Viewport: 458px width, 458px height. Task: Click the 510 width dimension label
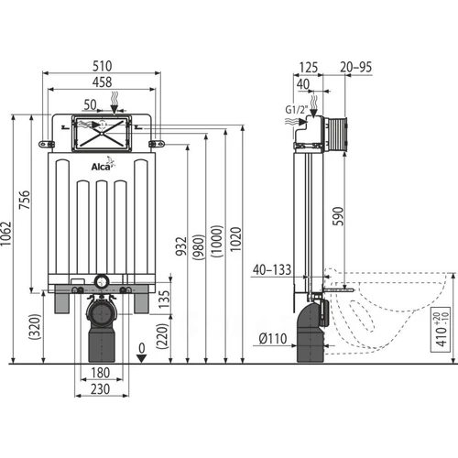click(x=103, y=66)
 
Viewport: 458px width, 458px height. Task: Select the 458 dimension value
click(x=103, y=82)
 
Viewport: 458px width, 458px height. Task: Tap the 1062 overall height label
click(x=6, y=234)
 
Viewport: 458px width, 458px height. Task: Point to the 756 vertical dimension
click(x=25, y=200)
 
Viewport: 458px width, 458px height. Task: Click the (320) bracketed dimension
click(x=35, y=327)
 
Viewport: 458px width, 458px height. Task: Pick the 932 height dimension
click(x=181, y=246)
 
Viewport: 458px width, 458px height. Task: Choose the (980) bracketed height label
click(x=199, y=247)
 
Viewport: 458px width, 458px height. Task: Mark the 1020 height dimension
click(x=235, y=239)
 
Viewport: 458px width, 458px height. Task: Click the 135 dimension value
click(x=164, y=300)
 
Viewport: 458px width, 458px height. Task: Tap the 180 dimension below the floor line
click(x=101, y=373)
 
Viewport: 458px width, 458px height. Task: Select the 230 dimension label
click(x=101, y=389)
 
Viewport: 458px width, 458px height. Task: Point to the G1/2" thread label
click(x=297, y=110)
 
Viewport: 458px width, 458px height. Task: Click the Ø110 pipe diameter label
click(x=273, y=339)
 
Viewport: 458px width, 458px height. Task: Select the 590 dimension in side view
click(x=338, y=216)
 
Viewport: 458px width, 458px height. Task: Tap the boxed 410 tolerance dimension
click(x=441, y=330)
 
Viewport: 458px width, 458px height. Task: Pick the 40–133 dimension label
click(x=272, y=270)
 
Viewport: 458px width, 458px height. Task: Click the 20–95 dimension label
click(x=356, y=67)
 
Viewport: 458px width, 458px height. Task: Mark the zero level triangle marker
click(x=141, y=358)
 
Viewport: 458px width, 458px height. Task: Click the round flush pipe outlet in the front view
click(x=102, y=281)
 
